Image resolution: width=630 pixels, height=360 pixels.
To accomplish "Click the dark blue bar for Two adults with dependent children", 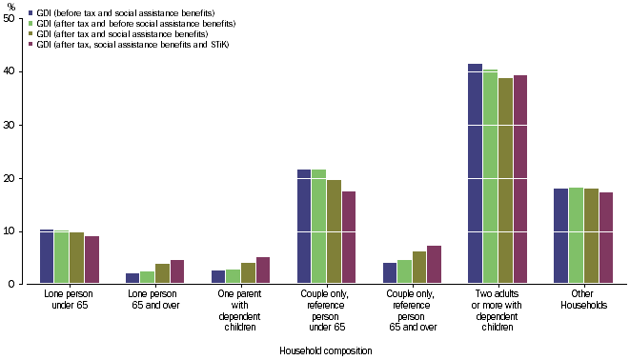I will [476, 174].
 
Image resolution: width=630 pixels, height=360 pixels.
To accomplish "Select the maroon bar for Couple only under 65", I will [349, 238].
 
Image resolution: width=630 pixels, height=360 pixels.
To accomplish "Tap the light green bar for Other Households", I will [576, 236].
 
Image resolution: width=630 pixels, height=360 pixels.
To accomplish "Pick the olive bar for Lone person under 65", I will [76, 258].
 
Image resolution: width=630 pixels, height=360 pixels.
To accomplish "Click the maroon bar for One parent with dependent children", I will [263, 270].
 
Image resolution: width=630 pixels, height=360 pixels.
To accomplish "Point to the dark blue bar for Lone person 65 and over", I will [132, 278].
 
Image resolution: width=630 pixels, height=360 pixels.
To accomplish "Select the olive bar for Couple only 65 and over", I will [420, 268].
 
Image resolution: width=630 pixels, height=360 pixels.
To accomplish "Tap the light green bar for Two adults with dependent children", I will [490, 177].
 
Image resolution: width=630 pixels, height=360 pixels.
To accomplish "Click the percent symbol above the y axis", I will [11, 7].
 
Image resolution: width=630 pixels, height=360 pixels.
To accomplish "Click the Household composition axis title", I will [325, 350].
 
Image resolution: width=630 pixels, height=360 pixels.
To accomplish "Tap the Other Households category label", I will [582, 301].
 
